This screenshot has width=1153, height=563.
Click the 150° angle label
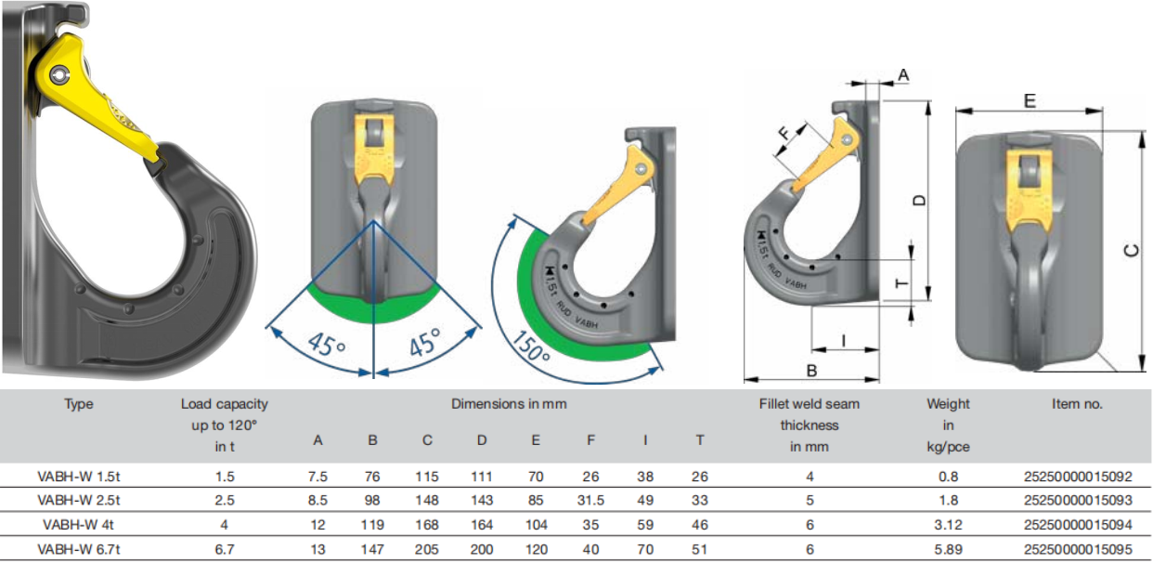coord(531,347)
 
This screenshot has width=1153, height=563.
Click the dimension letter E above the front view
coord(1030,100)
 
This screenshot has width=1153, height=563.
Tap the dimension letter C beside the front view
coord(1132,250)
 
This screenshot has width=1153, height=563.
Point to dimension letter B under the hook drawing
coord(811,371)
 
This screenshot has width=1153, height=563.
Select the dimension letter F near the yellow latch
coord(784,135)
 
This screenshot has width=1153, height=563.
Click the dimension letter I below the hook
coord(843,340)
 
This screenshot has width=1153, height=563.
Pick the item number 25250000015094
coord(1078,525)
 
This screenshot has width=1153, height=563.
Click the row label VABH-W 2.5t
coord(79,500)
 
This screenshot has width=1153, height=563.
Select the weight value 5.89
coord(948,550)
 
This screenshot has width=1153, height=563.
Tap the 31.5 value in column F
coord(590,500)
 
